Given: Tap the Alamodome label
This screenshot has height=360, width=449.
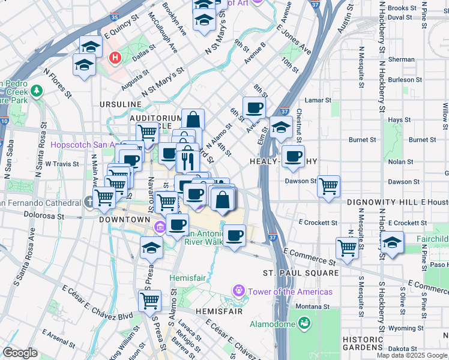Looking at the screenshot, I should (272, 324).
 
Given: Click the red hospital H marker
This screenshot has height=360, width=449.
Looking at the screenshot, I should (115, 58).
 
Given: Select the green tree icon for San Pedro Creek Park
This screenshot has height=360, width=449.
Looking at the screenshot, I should (37, 91).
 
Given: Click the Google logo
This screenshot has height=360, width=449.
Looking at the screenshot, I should (20, 353).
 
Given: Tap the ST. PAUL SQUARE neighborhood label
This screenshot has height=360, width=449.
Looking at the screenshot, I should (301, 273).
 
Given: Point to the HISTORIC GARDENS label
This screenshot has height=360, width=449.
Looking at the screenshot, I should (363, 343).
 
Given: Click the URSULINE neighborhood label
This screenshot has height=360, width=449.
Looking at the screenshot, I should (121, 104).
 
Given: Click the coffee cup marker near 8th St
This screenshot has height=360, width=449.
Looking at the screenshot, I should (254, 108).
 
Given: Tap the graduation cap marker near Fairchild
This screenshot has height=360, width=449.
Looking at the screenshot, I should (392, 244).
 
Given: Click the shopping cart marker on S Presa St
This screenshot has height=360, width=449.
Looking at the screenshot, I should (149, 301).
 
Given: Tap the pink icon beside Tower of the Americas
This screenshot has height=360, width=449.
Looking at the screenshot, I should (239, 292).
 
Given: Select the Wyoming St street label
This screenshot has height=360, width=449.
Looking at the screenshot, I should (403, 328).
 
